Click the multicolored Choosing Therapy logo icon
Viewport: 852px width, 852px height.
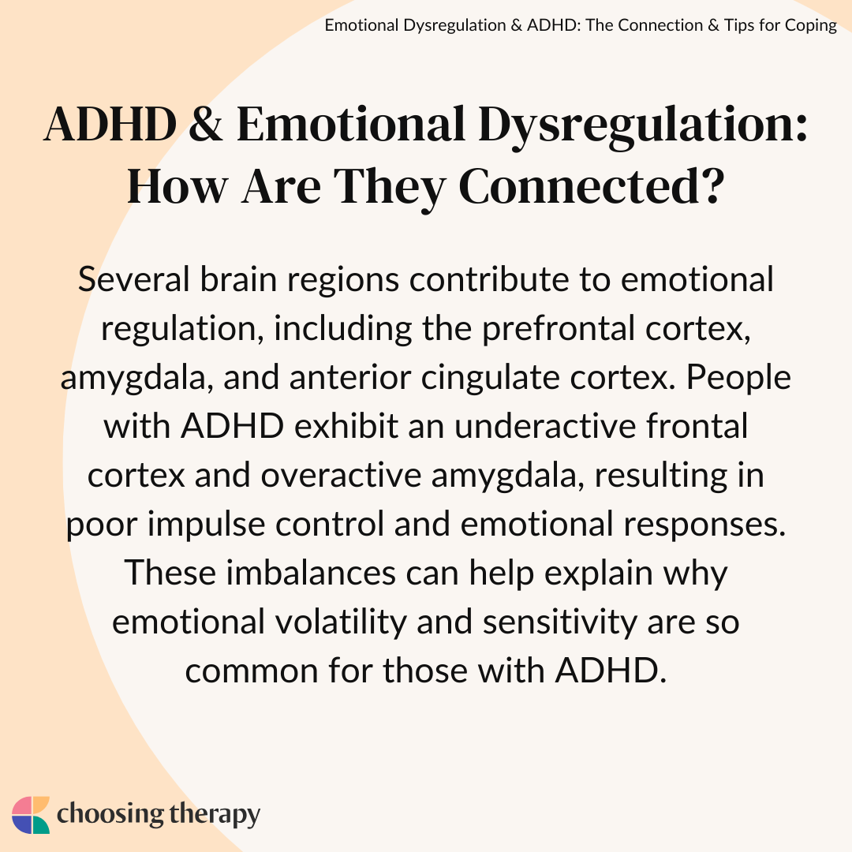31,815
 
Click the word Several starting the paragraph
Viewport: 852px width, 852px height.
133,279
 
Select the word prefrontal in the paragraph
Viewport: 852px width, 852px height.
558,329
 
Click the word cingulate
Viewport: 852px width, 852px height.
490,378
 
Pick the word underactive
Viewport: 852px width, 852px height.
545,426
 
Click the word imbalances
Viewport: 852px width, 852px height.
311,573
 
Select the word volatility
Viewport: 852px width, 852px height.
341,622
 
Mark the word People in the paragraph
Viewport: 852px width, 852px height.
738,378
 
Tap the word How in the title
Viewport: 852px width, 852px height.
177,186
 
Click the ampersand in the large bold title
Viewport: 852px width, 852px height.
205,124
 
